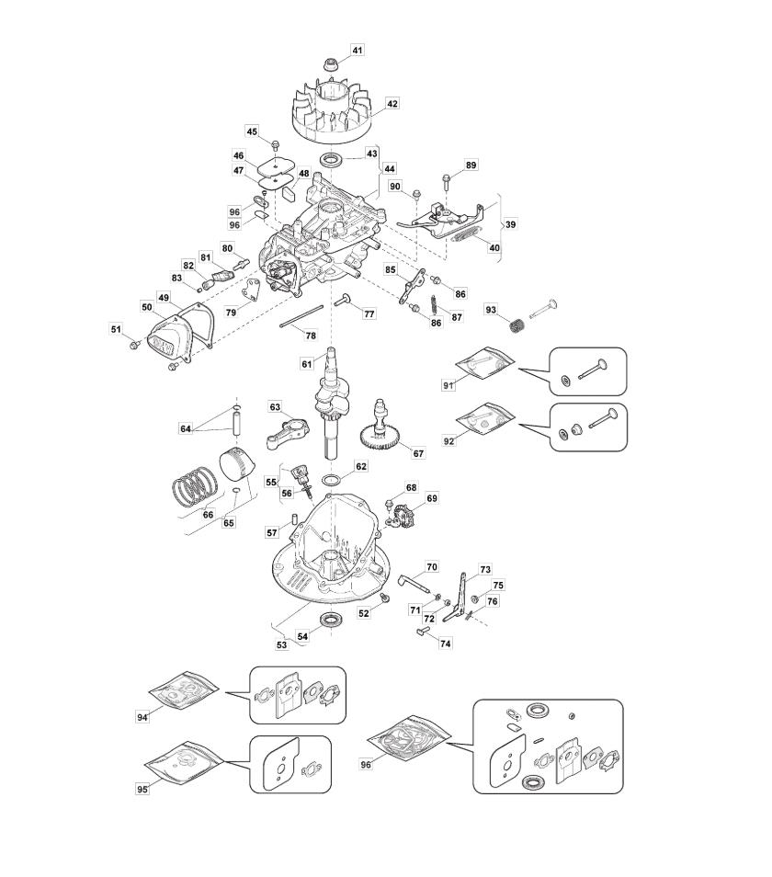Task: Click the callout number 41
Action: tap(358, 49)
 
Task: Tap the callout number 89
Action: tap(471, 165)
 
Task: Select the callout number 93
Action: tap(491, 310)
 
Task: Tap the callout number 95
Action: tap(142, 790)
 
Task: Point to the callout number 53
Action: tap(282, 644)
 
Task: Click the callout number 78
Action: tap(311, 336)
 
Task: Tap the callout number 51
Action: tap(116, 329)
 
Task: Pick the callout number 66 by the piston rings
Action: tap(209, 515)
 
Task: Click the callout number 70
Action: tap(432, 567)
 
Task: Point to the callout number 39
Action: tap(511, 224)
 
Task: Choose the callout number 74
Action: tap(446, 644)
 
